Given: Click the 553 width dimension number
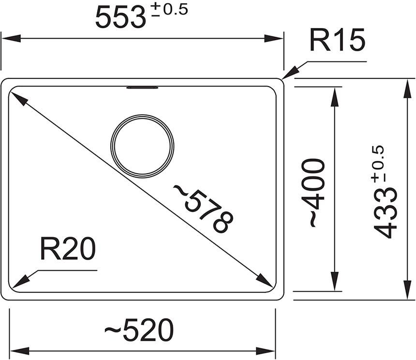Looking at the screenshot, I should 120,18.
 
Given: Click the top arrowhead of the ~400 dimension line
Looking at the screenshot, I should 333,95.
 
